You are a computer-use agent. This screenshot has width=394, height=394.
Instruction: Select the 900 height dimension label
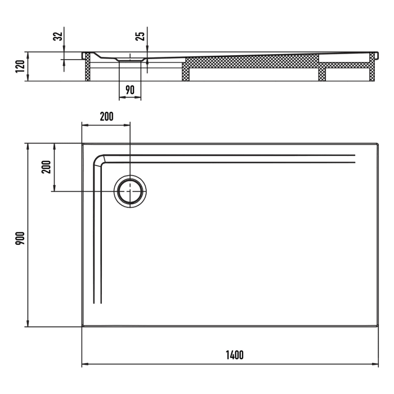19,235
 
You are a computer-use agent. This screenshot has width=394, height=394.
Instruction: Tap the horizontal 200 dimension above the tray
106,117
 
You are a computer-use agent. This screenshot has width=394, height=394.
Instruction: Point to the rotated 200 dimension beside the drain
47,167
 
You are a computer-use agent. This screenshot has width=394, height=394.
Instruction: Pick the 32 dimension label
57,37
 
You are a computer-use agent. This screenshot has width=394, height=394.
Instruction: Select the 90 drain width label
130,90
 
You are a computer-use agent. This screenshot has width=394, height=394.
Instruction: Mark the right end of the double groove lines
355,158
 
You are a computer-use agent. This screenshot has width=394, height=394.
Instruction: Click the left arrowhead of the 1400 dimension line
84,364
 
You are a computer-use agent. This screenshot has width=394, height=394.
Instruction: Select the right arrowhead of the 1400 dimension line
375,364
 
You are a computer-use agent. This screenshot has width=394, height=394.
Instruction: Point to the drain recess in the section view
130,58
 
